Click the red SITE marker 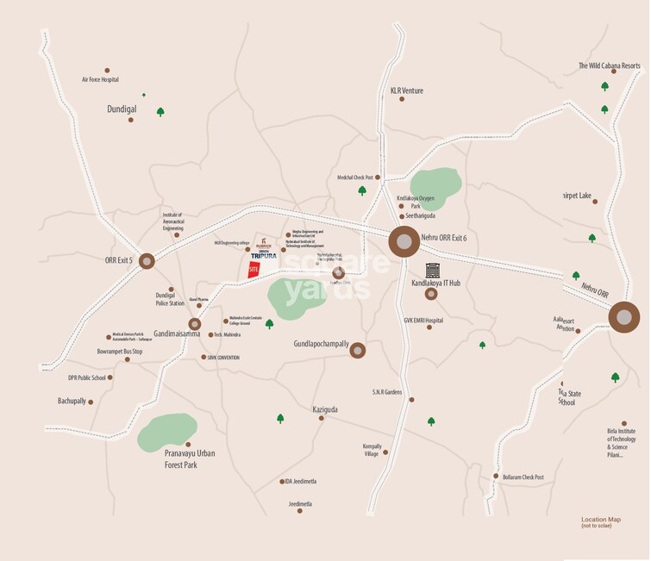(x=254, y=269)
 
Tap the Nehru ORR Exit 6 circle (x=403, y=242)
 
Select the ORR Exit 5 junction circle (x=147, y=260)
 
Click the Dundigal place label (x=122, y=110)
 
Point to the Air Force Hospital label (x=100, y=80)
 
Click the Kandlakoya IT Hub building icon (x=432, y=271)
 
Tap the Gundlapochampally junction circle (x=357, y=350)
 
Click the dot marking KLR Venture (x=402, y=99)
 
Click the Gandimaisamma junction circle (x=195, y=324)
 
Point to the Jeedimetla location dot (x=300, y=511)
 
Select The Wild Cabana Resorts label (x=610, y=65)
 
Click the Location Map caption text (x=600, y=520)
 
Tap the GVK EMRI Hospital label (x=423, y=321)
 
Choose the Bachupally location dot (x=91, y=402)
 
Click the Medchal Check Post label (x=354, y=178)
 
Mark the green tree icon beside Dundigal (x=160, y=111)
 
